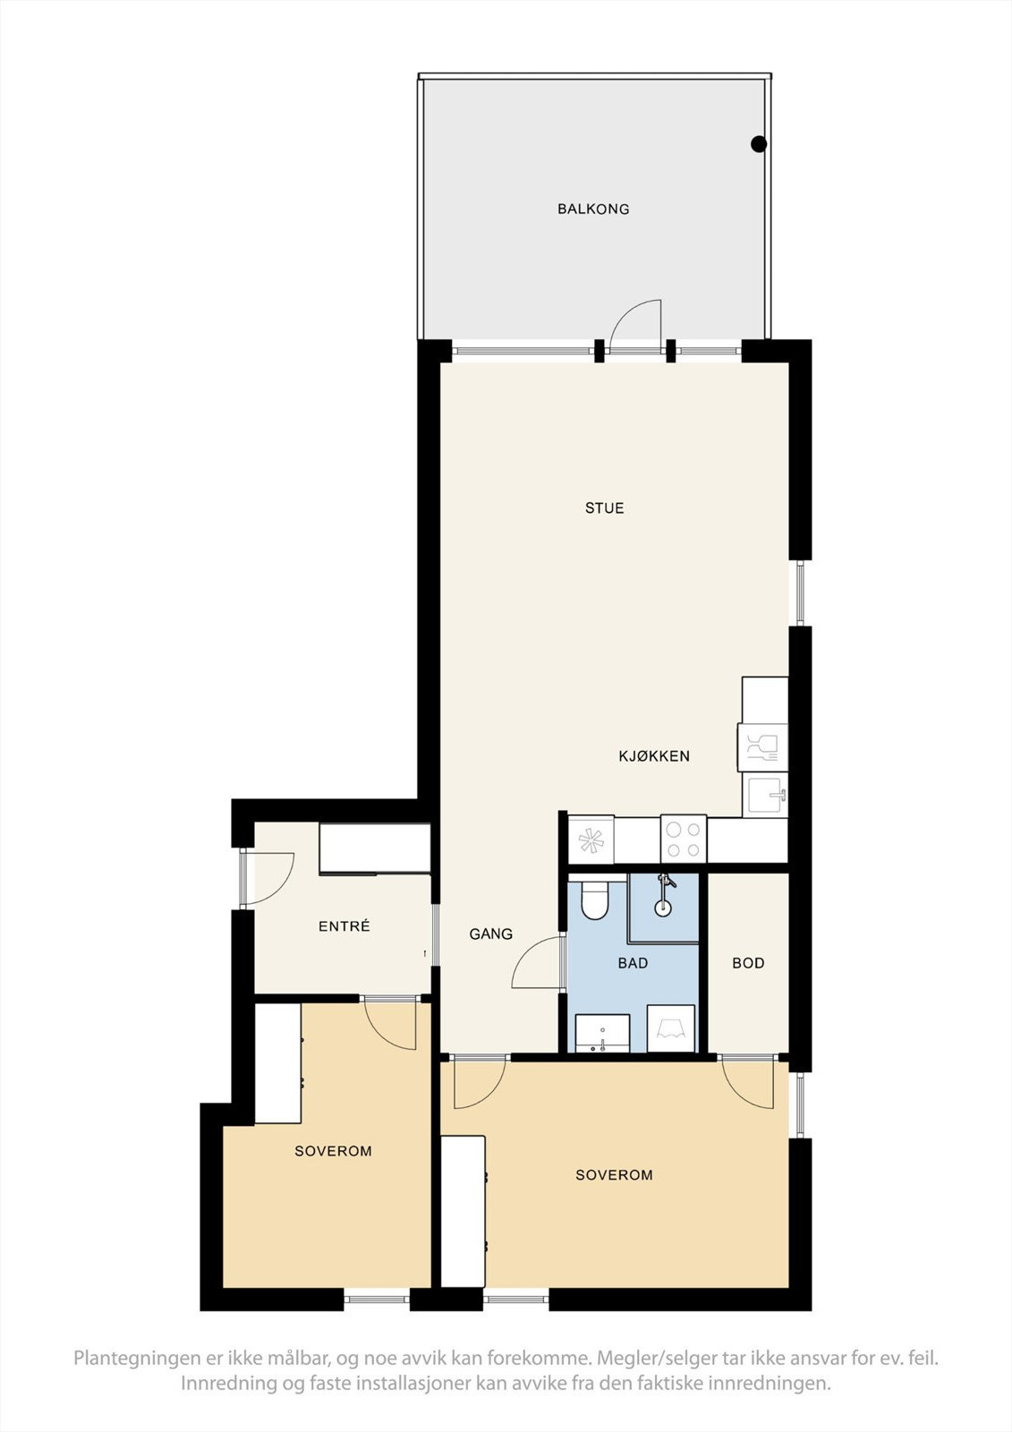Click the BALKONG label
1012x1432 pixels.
(593, 209)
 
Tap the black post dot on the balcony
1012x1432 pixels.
(758, 144)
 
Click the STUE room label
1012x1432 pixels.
(604, 508)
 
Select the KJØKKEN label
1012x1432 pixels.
(654, 756)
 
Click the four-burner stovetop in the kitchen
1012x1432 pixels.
(684, 839)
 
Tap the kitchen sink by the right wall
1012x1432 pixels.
(765, 795)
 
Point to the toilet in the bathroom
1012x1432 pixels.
(594, 900)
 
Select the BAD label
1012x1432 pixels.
(633, 963)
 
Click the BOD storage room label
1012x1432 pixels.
(748, 963)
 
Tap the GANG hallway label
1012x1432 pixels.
(491, 934)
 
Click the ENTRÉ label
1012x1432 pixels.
(344, 926)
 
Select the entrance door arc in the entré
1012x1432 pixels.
(281, 889)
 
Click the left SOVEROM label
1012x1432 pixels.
(333, 1151)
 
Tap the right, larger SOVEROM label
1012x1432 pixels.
(615, 1175)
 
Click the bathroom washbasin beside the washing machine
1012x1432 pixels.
(603, 1033)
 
